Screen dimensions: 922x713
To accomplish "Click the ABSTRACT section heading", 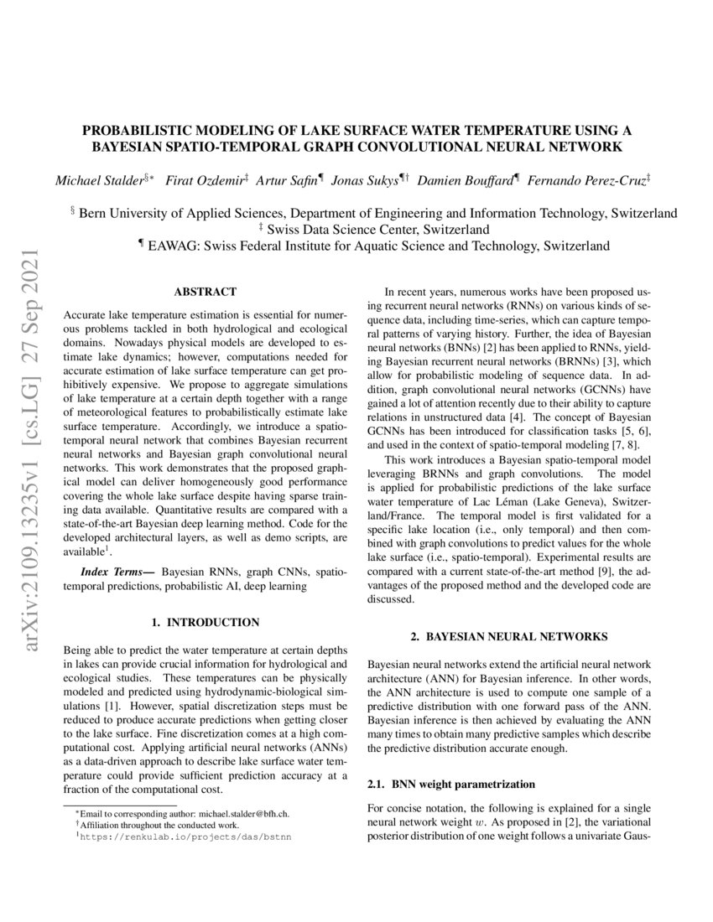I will (205, 293).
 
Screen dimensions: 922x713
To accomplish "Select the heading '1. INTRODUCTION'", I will (205, 623).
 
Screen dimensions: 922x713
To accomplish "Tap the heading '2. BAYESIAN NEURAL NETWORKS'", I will (510, 638).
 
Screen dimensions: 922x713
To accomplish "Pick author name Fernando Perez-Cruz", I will (586, 181).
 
